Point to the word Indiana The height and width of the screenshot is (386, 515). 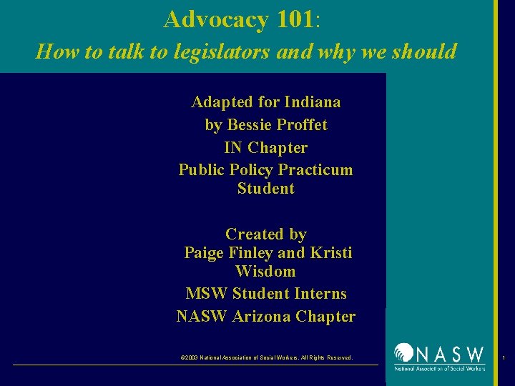312,102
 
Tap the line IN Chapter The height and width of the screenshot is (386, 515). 265,148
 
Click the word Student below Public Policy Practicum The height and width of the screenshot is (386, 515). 265,189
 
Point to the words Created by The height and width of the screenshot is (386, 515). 265,234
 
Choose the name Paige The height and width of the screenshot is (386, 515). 204,253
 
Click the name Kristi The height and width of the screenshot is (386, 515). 331,253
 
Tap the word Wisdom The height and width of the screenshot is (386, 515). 265,272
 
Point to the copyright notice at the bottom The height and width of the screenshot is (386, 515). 266,357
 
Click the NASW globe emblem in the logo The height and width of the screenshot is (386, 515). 405,355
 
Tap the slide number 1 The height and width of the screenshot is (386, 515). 504,357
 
